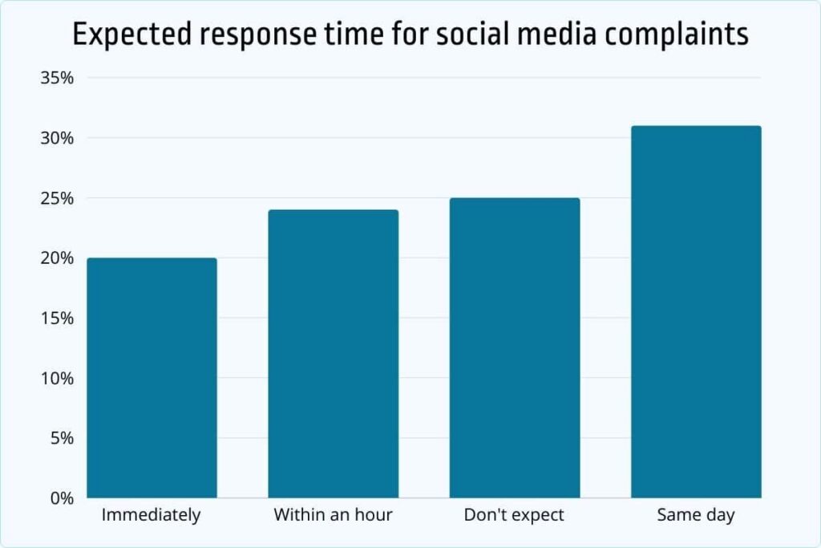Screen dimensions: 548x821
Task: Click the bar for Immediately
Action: [x=152, y=377]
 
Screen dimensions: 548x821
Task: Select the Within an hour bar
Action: [x=333, y=353]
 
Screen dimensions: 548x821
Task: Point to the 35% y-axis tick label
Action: [x=57, y=78]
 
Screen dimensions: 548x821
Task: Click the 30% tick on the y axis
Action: [x=57, y=138]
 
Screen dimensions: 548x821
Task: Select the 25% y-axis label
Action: [x=57, y=198]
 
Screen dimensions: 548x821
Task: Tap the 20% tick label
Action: [x=57, y=258]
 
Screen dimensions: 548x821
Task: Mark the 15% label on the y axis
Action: [x=57, y=318]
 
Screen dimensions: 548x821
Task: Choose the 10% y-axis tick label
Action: [x=57, y=378]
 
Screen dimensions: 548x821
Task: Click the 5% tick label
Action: [x=61, y=438]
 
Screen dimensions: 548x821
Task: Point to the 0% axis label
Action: [x=61, y=498]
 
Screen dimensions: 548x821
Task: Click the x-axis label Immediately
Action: [x=152, y=515]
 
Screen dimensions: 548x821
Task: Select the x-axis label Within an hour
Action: [x=333, y=515]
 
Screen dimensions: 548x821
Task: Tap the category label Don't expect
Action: [x=514, y=515]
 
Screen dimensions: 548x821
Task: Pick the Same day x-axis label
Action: [x=696, y=515]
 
